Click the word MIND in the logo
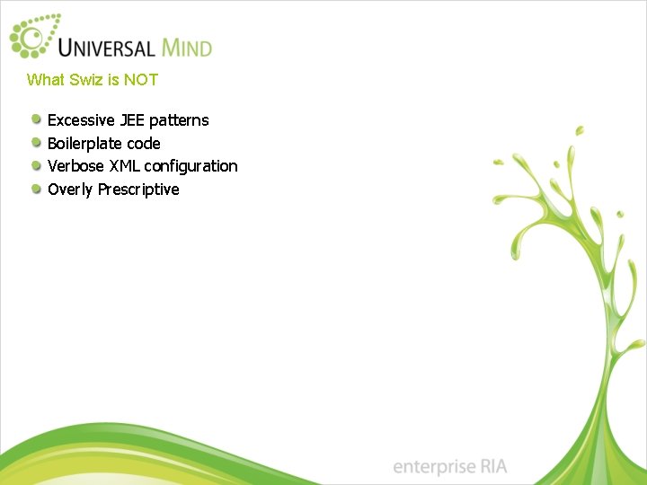pyautogui.click(x=187, y=47)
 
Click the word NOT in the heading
pyautogui.click(x=141, y=80)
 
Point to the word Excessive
pyautogui.click(x=82, y=120)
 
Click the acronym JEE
pyautogui.click(x=133, y=120)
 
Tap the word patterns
pyautogui.click(x=179, y=120)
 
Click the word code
pyautogui.click(x=143, y=144)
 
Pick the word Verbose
pyautogui.click(x=75, y=166)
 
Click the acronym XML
pyautogui.click(x=124, y=166)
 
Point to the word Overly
pyautogui.click(x=70, y=190)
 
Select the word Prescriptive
pyautogui.click(x=138, y=190)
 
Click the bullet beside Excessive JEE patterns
pyautogui.click(x=36, y=119)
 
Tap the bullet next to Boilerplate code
pyautogui.click(x=36, y=143)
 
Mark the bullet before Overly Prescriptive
pyautogui.click(x=36, y=189)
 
